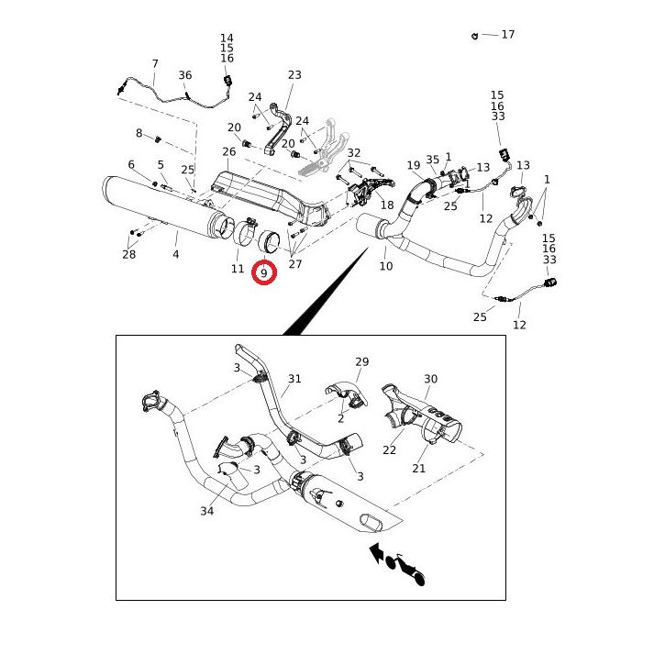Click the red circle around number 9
(x=264, y=273)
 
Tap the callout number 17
(x=507, y=35)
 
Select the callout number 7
(x=155, y=64)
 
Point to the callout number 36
(x=185, y=75)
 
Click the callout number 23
(x=294, y=75)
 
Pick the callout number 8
(x=139, y=133)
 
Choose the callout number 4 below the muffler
(x=176, y=254)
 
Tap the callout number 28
(x=129, y=254)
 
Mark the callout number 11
(x=238, y=269)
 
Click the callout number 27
(x=294, y=264)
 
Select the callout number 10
(x=385, y=266)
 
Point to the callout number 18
(x=387, y=205)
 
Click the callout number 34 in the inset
(x=207, y=511)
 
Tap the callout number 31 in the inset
(x=294, y=379)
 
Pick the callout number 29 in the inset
(x=361, y=362)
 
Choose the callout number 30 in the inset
(x=431, y=379)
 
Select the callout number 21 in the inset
(x=419, y=469)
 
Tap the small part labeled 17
(x=474, y=35)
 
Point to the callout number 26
(x=229, y=151)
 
